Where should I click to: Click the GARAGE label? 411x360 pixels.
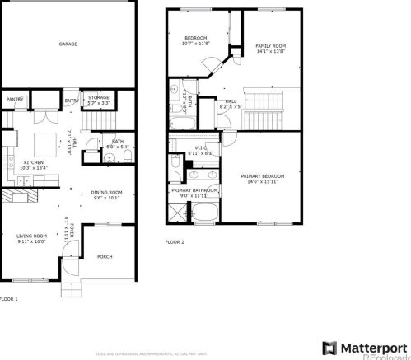68,44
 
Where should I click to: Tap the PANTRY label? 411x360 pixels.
15,99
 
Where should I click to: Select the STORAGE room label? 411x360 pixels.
99,97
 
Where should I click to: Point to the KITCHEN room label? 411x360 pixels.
33,162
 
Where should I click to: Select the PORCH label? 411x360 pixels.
104,256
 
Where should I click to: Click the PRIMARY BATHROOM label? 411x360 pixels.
194,190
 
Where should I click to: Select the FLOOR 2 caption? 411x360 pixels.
175,242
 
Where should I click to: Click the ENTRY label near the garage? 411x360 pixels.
72,101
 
